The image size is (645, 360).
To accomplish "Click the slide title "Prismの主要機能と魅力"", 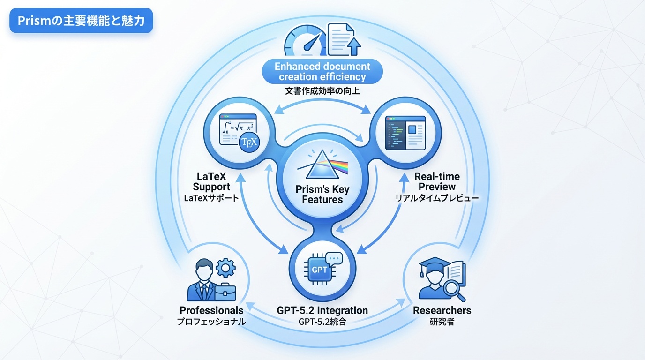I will pyautogui.click(x=81, y=21).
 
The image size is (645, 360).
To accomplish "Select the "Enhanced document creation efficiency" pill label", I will pyautogui.click(x=322, y=71).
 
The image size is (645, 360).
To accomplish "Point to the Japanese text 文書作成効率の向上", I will pyautogui.click(x=322, y=91).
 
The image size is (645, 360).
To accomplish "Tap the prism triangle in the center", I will pyautogui.click(x=322, y=165).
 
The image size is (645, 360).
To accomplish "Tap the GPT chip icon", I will pyautogui.click(x=319, y=270).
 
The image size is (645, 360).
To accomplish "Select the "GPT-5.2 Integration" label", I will pyautogui.click(x=322, y=310).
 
